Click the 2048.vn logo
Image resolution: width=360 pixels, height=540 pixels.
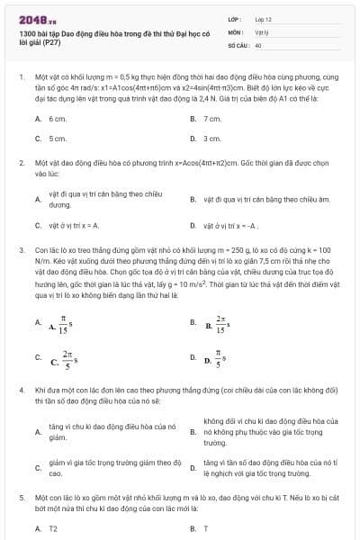pyautogui.click(x=31, y=17)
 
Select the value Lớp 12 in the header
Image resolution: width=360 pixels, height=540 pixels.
pyautogui.click(x=263, y=18)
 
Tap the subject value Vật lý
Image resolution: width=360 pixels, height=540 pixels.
pyautogui.click(x=262, y=31)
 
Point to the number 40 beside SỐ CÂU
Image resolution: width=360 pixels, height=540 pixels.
pyautogui.click(x=258, y=43)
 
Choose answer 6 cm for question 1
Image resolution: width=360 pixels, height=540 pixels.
pyautogui.click(x=58, y=119)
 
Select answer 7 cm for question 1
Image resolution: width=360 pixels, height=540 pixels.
pyautogui.click(x=212, y=119)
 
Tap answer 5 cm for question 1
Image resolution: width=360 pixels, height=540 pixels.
pyautogui.click(x=58, y=138)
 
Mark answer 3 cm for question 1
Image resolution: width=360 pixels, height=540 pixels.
pyautogui.click(x=212, y=138)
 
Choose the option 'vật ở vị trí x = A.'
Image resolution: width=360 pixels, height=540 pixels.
pyautogui.click(x=74, y=225)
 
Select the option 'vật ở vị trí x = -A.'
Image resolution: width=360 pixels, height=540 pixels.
pyautogui.click(x=230, y=225)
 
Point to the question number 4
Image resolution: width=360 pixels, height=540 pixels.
pyautogui.click(x=21, y=389)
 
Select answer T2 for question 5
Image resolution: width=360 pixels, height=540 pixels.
pyautogui.click(x=53, y=528)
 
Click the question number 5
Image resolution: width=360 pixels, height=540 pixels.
pyautogui.click(x=21, y=497)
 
